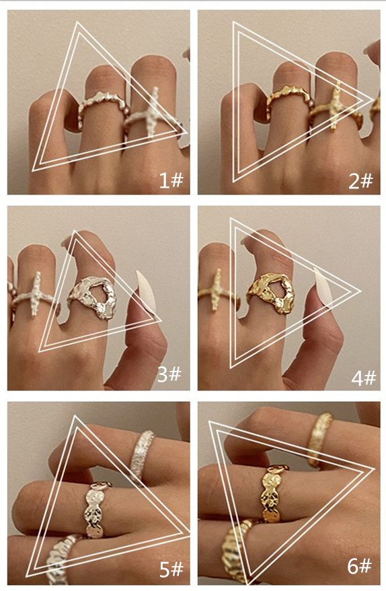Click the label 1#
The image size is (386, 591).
pos(171,180)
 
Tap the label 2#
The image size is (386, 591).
pos(360,181)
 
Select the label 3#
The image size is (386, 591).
pos(169,374)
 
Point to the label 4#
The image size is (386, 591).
pos(363,378)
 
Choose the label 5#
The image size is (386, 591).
pos(171,569)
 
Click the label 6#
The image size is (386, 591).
pos(359,565)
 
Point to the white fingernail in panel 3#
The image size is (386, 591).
pos(146,291)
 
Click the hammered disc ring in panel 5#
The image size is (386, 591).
pos(95,509)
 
